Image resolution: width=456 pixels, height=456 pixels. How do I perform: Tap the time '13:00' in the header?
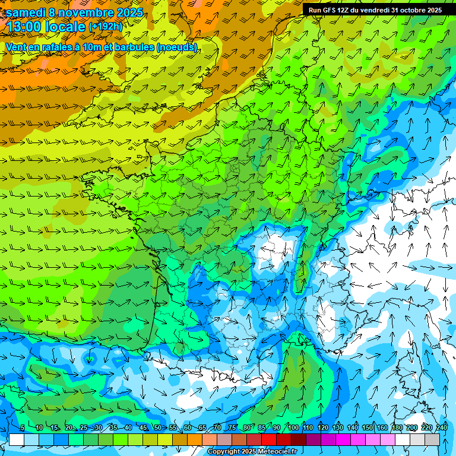pos(25,27)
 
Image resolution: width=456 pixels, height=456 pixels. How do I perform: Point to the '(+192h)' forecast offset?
pos(105,27)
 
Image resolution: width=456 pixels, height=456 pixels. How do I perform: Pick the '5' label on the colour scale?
pos(22,427)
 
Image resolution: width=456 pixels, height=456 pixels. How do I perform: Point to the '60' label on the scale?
pos(187,427)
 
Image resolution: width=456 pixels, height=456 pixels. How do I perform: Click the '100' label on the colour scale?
pos(293,427)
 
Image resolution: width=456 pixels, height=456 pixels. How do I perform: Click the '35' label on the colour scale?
pos(113,427)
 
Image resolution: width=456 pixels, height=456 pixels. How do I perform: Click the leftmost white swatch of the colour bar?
pos(17,439)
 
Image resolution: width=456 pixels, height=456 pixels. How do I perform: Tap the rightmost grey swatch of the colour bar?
pos(432,439)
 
